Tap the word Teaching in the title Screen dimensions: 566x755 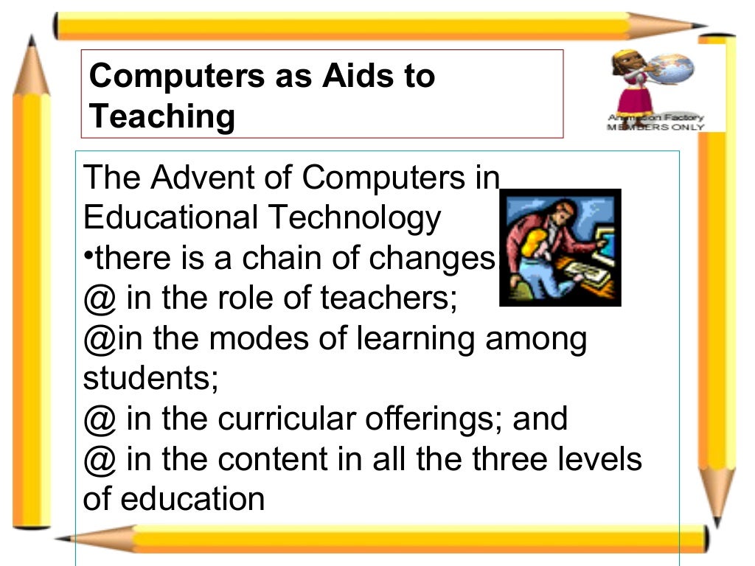161,116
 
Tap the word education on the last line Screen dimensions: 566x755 192,499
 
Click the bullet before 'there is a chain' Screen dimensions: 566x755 88,255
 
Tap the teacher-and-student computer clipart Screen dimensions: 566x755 560,248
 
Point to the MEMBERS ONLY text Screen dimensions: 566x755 655,127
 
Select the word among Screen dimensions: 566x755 541,338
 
